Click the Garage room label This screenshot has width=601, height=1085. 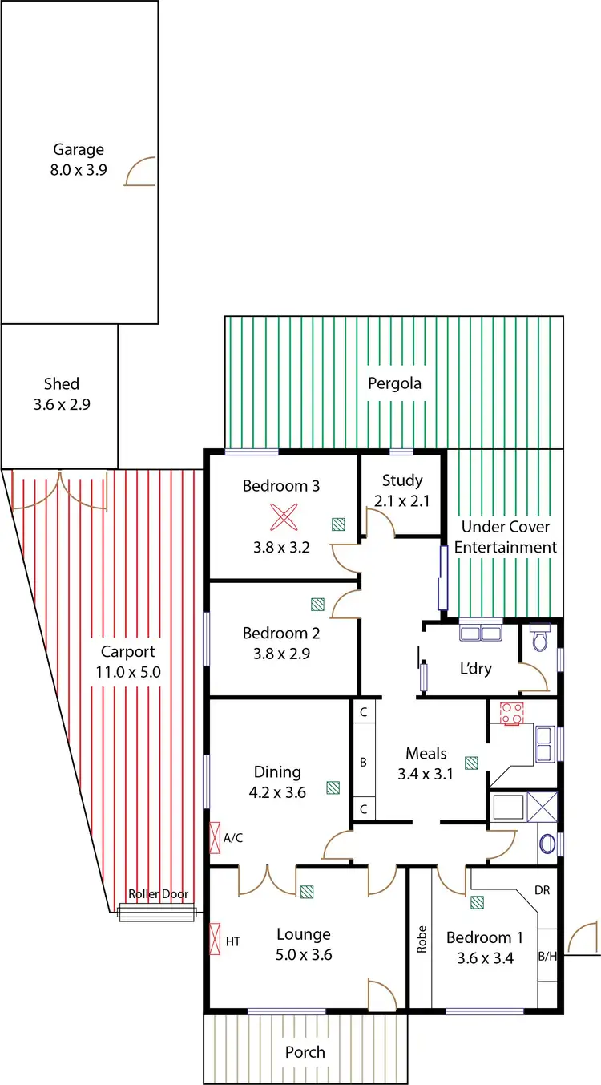pyautogui.click(x=79, y=149)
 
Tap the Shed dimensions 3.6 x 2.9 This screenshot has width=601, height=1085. pyautogui.click(x=62, y=404)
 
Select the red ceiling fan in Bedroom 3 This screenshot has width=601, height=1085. pyautogui.click(x=284, y=516)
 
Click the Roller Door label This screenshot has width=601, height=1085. pyautogui.click(x=158, y=893)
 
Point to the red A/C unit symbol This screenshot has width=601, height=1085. pyautogui.click(x=215, y=837)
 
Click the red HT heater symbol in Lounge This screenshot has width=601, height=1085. pyautogui.click(x=215, y=939)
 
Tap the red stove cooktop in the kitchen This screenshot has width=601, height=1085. pyautogui.click(x=511, y=714)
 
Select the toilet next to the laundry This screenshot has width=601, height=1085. pyautogui.click(x=540, y=638)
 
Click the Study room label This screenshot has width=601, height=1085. pyautogui.click(x=402, y=480)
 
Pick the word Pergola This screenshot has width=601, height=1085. pyautogui.click(x=394, y=383)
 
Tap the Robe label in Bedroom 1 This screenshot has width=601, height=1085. pyautogui.click(x=422, y=939)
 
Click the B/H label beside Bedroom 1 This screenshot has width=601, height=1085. pyautogui.click(x=547, y=956)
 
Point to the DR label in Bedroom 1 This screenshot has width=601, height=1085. pyautogui.click(x=542, y=890)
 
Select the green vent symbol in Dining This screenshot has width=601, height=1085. pyautogui.click(x=333, y=787)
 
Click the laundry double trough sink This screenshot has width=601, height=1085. pyautogui.click(x=481, y=633)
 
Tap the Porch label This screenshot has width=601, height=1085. pyautogui.click(x=305, y=1052)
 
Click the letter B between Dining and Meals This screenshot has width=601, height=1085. pyautogui.click(x=363, y=763)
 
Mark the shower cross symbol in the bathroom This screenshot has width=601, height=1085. pyautogui.click(x=542, y=807)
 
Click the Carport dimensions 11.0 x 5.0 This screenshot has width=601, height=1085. pyautogui.click(x=128, y=672)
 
